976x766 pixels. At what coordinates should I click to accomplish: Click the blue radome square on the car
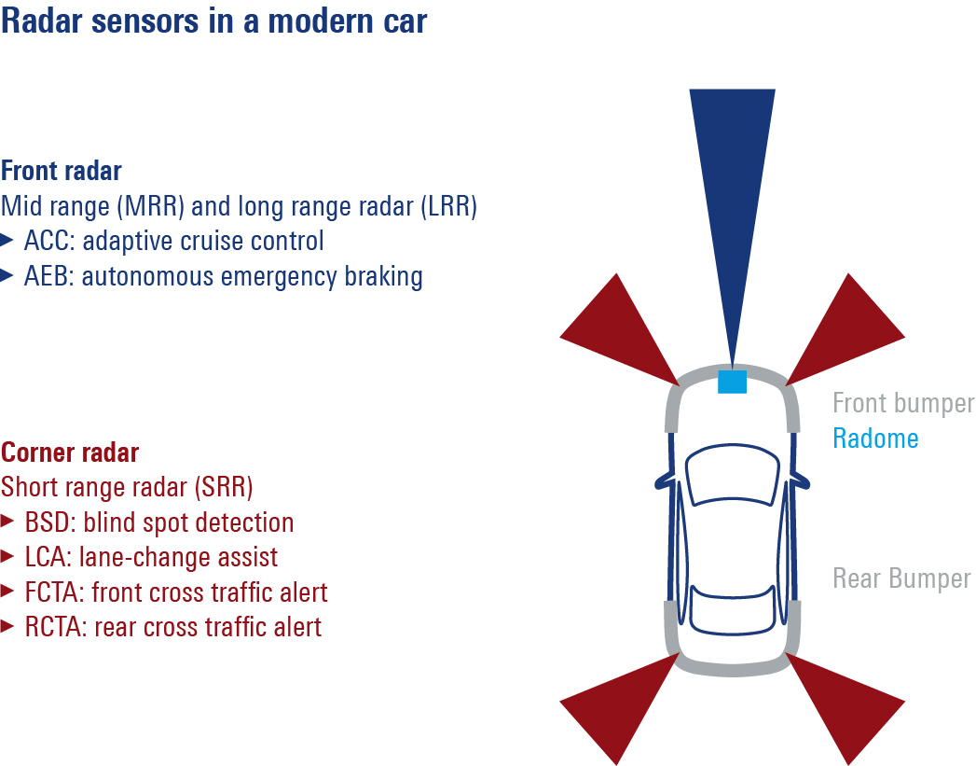(732, 382)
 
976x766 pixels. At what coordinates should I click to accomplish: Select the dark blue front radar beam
(732, 187)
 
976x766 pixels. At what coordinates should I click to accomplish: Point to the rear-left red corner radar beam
(620, 704)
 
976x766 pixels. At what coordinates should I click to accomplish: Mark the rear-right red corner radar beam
(844, 704)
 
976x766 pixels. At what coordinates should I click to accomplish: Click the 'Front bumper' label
(902, 403)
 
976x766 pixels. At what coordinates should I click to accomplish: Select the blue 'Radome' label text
(875, 438)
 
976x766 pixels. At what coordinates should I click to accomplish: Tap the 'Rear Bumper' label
(901, 578)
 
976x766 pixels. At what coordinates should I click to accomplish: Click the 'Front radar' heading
(62, 172)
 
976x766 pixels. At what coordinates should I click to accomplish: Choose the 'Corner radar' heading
(70, 453)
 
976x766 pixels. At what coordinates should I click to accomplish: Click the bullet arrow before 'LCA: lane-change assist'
(7, 557)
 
